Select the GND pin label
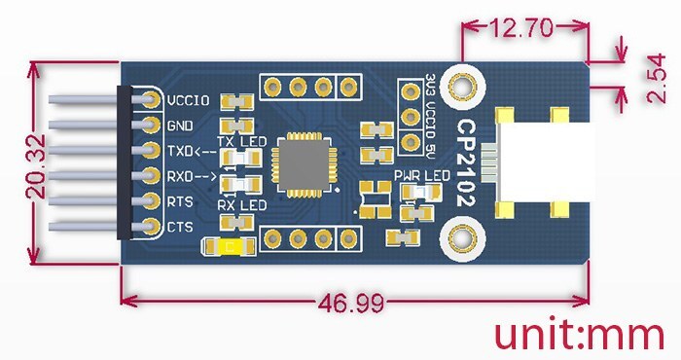tap(179, 126)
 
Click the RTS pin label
tap(180, 201)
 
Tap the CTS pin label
tap(180, 227)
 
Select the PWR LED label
tap(421, 175)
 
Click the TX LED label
tap(240, 142)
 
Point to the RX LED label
tap(240, 206)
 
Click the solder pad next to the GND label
tap(150, 126)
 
